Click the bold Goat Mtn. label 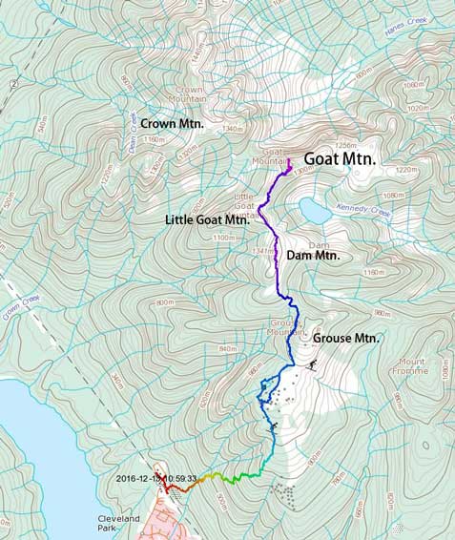point(341,159)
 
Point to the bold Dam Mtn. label point(313,256)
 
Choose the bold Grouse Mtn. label point(346,339)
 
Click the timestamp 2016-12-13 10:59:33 point(155,478)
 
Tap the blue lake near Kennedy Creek point(313,208)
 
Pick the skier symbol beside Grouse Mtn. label point(314,363)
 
